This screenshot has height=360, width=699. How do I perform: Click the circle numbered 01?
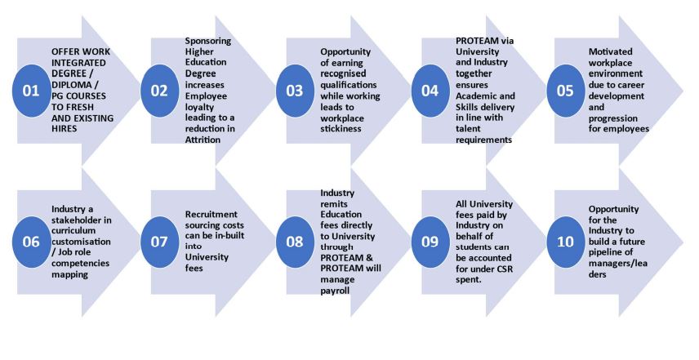tap(31, 91)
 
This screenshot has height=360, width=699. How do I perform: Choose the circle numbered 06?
tap(31, 242)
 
